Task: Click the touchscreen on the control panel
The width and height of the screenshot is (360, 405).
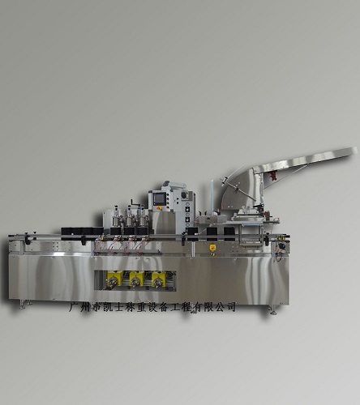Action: [157, 199]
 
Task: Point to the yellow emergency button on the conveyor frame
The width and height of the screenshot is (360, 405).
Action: [212, 248]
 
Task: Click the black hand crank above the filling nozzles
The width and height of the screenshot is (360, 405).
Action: [133, 202]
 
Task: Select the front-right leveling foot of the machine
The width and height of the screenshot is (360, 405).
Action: [272, 310]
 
